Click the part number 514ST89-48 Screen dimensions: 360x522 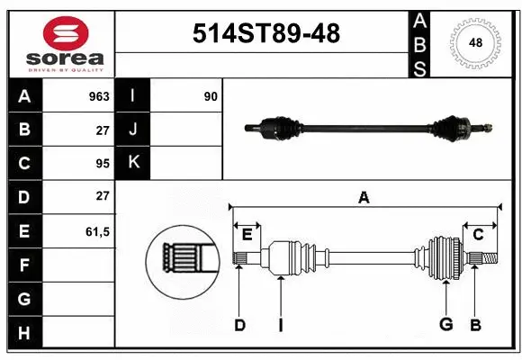[x=266, y=33]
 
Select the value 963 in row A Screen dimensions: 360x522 [x=98, y=96]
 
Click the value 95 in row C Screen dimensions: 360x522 [x=102, y=164]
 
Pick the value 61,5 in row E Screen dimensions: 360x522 [x=97, y=231]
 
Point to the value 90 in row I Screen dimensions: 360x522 [x=211, y=96]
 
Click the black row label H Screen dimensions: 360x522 [x=23, y=333]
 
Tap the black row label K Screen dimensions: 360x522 [x=133, y=163]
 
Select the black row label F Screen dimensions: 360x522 [x=23, y=265]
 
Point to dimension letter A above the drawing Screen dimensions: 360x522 [x=364, y=197]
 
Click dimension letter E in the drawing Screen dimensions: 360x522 [x=247, y=236]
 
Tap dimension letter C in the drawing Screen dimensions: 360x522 [x=478, y=235]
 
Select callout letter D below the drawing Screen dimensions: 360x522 [x=239, y=325]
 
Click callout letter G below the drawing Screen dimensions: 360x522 [x=445, y=325]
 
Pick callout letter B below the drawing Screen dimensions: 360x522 [x=476, y=325]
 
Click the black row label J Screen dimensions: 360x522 [x=133, y=130]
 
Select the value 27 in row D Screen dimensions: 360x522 [x=102, y=197]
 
